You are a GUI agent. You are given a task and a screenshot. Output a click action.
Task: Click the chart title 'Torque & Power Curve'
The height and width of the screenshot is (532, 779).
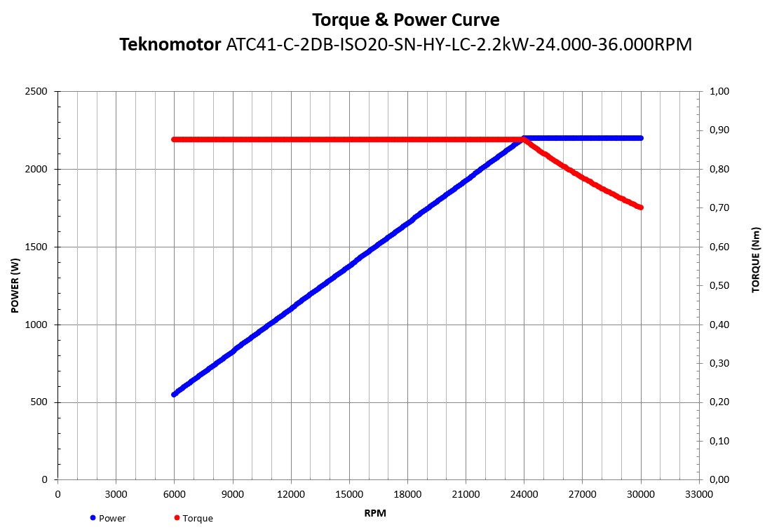(x=406, y=19)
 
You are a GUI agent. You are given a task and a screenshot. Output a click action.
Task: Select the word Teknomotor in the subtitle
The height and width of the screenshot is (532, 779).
(x=170, y=46)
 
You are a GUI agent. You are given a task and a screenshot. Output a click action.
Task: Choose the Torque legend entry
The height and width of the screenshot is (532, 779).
(x=197, y=518)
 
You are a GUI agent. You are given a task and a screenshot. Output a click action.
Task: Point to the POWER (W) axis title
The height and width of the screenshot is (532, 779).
(x=15, y=285)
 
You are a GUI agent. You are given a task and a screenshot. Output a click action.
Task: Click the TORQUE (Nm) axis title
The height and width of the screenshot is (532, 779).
(x=756, y=259)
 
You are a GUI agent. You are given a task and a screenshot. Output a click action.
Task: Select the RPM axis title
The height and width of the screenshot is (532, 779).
(x=375, y=513)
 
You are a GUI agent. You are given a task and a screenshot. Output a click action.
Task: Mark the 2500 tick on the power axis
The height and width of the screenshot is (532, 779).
(x=35, y=92)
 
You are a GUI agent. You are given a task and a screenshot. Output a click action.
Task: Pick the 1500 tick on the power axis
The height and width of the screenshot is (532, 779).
(x=35, y=247)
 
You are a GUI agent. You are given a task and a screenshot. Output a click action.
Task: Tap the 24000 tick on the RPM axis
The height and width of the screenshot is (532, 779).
(x=524, y=494)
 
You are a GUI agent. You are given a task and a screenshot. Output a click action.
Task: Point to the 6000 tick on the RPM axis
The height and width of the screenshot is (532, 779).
(x=174, y=494)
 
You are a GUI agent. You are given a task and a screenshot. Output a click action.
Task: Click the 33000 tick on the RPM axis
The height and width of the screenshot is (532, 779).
(x=698, y=494)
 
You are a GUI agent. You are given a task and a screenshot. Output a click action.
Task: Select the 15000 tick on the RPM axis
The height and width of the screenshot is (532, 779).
(x=349, y=494)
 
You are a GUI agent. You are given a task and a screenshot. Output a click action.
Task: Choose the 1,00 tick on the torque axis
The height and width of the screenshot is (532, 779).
(x=722, y=92)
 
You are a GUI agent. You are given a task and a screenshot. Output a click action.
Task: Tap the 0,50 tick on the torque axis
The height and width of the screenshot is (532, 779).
(x=722, y=286)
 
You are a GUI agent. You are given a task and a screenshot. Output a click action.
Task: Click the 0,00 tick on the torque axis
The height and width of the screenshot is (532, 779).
(x=722, y=480)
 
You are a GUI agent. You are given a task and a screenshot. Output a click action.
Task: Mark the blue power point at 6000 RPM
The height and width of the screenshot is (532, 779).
(x=174, y=395)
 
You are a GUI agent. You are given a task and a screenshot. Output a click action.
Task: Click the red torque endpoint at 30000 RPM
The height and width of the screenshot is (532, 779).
(x=640, y=207)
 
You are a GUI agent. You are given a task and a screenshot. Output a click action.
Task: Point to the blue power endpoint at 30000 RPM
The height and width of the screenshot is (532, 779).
(x=640, y=138)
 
